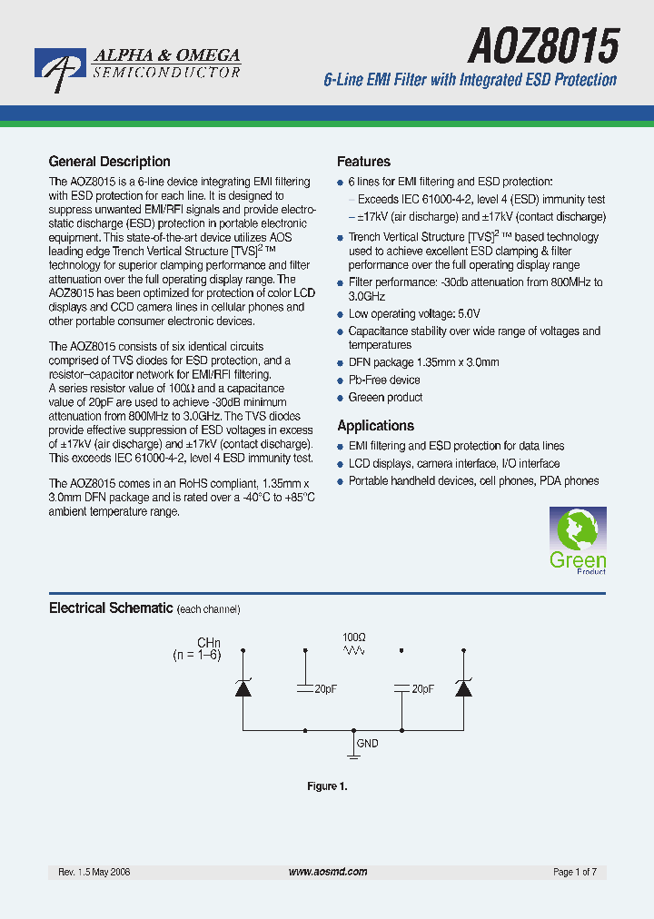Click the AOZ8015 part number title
(542, 44)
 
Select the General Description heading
(109, 162)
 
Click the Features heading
(363, 162)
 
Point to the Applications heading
(375, 426)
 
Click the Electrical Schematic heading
(110, 608)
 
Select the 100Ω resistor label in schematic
(353, 637)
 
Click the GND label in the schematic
(367, 743)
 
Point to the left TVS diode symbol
(243, 688)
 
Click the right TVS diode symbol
(463, 688)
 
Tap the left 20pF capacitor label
(325, 689)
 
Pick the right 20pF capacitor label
(422, 689)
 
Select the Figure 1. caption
(327, 786)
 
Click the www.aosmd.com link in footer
(327, 872)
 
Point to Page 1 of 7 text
(574, 872)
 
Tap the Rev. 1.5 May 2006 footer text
(94, 872)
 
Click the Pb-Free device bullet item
(384, 380)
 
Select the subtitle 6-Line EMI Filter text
(470, 80)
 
